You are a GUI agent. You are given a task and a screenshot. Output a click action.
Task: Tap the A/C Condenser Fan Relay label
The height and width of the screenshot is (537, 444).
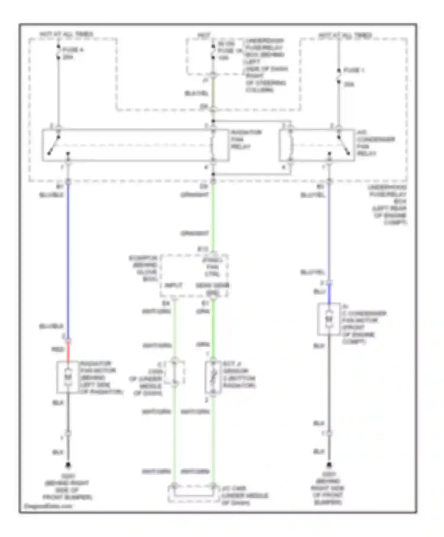point(375,143)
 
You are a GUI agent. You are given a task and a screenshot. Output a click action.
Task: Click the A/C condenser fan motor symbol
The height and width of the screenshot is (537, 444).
point(329,319)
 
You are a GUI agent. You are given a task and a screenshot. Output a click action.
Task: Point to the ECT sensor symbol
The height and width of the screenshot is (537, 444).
point(213,377)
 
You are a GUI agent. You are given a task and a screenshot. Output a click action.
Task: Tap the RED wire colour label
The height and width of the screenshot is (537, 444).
point(58,349)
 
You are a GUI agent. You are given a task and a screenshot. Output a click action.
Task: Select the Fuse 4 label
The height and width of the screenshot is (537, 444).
point(73,53)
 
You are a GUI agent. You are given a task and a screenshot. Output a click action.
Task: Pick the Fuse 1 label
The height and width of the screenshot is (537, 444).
point(353,70)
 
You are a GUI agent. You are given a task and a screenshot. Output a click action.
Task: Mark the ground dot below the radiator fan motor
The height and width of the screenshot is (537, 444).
point(68,465)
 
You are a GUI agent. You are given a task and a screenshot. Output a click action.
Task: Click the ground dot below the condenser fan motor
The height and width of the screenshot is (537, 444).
point(329,465)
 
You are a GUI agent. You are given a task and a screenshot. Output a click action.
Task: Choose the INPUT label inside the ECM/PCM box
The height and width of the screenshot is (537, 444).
point(173,285)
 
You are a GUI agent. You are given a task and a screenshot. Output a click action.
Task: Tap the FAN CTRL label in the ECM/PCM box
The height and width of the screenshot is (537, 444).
point(213,267)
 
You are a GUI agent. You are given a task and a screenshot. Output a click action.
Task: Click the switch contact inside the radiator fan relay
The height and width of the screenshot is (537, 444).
point(54,145)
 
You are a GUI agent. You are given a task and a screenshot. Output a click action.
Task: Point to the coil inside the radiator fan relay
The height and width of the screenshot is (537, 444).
point(213,145)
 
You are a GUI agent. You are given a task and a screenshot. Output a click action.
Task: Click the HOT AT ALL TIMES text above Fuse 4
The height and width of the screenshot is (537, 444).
point(66,34)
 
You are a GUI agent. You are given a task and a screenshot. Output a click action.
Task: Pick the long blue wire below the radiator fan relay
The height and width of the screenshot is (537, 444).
point(68,261)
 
